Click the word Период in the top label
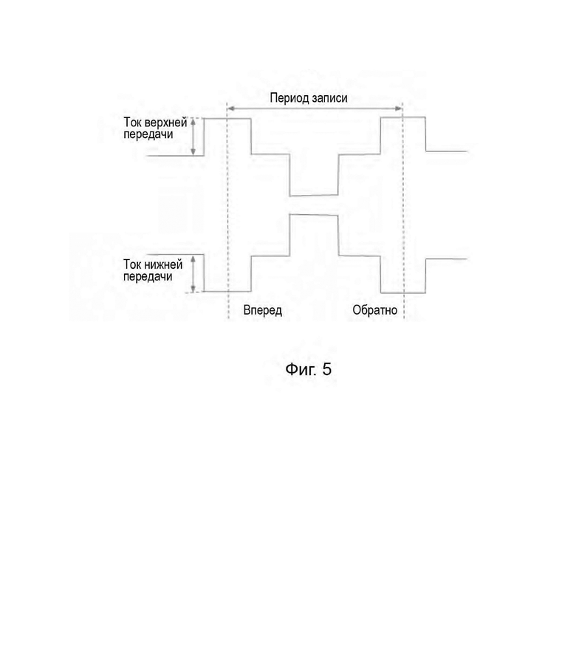coord(289,98)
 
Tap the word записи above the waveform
coord(329,98)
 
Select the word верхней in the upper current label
coord(166,123)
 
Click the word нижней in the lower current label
coord(163,264)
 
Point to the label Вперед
coord(263,310)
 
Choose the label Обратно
coord(374,310)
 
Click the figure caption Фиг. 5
coord(308,369)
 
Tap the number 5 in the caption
coord(327,369)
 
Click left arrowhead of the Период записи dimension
coord(230,109)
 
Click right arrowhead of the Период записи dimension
coord(399,109)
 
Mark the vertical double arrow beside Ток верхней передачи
coord(193,137)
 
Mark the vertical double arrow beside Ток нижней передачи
coord(193,274)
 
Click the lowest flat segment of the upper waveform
coord(314,196)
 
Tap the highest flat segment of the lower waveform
coord(314,215)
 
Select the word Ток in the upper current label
coord(133,123)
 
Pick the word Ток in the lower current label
coord(133,264)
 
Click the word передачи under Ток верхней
coord(148,134)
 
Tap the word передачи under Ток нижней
coord(148,276)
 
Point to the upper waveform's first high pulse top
coord(227,119)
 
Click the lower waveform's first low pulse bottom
coord(227,292)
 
